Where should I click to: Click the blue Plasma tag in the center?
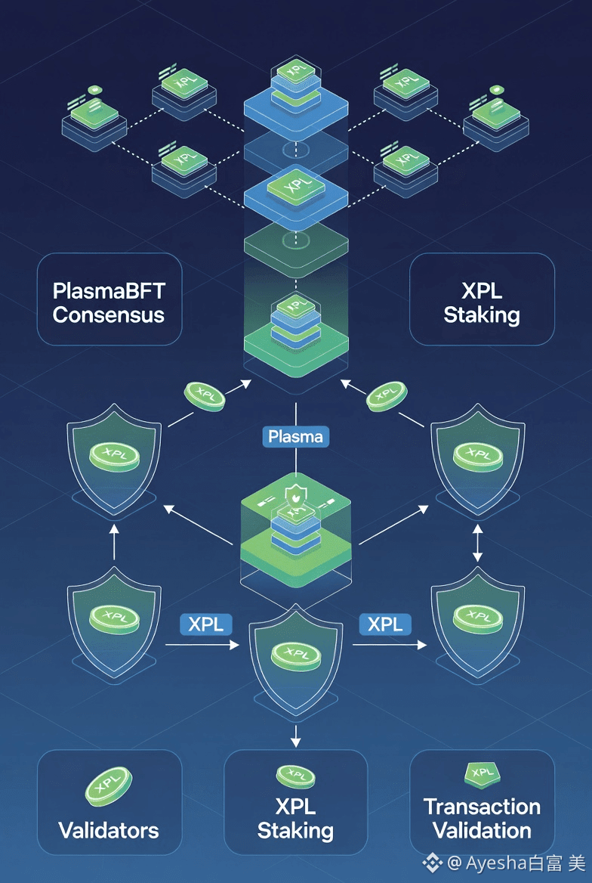(296, 436)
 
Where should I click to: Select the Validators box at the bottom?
(109, 802)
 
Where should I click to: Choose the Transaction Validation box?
(482, 802)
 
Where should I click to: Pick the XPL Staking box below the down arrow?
(296, 802)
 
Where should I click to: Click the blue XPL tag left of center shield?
(205, 624)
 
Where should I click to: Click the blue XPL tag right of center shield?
(385, 624)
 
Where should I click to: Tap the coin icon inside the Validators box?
(109, 786)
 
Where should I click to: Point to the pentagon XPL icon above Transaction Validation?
(481, 773)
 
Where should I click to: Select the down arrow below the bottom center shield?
(296, 733)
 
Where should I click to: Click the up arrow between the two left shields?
(114, 544)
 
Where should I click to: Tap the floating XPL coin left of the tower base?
(204, 395)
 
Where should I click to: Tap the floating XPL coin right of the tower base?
(387, 394)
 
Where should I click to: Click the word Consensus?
(109, 314)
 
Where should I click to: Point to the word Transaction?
(482, 807)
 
